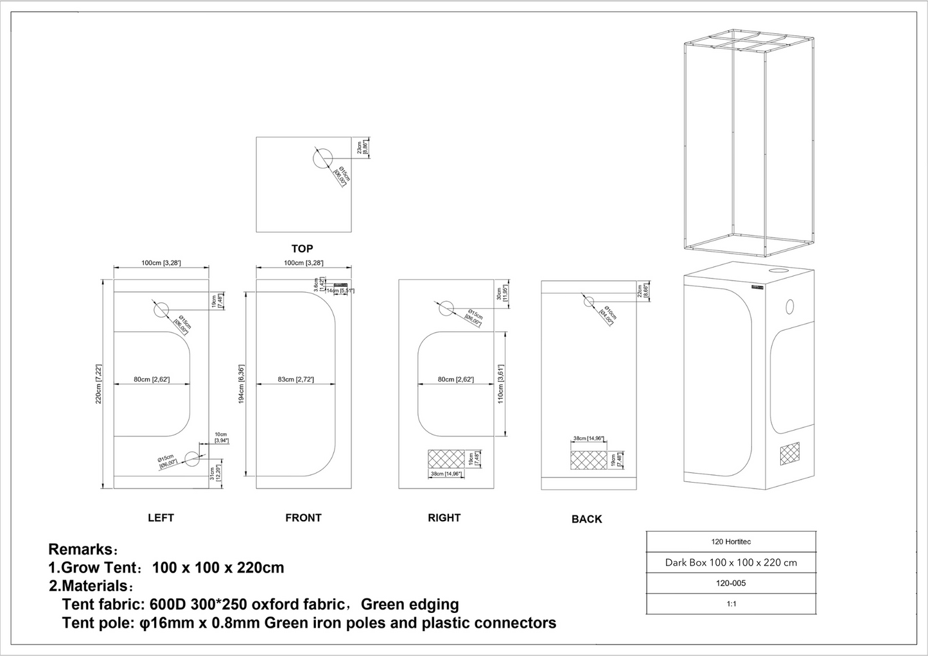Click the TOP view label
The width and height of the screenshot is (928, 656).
tap(302, 249)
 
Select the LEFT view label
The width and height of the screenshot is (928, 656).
tap(161, 518)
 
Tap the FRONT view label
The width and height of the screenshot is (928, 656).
tap(303, 518)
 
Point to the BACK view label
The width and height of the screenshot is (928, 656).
tap(586, 519)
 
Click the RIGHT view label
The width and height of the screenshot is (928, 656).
tap(444, 518)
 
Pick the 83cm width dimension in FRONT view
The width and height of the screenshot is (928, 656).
tap(295, 380)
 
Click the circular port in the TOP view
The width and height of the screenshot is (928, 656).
tap(323, 158)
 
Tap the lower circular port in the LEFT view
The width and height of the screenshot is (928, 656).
tap(192, 458)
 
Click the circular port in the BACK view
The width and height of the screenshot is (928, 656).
tap(588, 302)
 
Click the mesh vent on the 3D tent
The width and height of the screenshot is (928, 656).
tap(790, 453)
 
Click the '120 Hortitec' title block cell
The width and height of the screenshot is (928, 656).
tap(731, 542)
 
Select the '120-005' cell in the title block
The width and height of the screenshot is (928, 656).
tap(731, 583)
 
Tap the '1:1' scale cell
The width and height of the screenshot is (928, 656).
tap(731, 604)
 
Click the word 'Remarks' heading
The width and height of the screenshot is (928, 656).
tap(80, 549)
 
